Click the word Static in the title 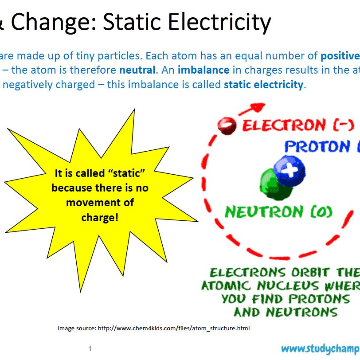(x=132, y=21)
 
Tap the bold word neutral (x=137, y=70)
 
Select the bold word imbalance (x=203, y=70)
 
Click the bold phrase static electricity (x=263, y=85)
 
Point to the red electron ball (x=227, y=126)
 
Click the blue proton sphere (x=290, y=171)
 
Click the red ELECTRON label (x=284, y=125)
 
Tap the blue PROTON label (x=317, y=146)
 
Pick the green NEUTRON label (x=264, y=211)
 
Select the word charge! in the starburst (x=100, y=218)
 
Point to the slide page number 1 (x=90, y=349)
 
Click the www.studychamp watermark (x=321, y=349)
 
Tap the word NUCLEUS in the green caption (x=288, y=286)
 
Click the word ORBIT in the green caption (x=311, y=273)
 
